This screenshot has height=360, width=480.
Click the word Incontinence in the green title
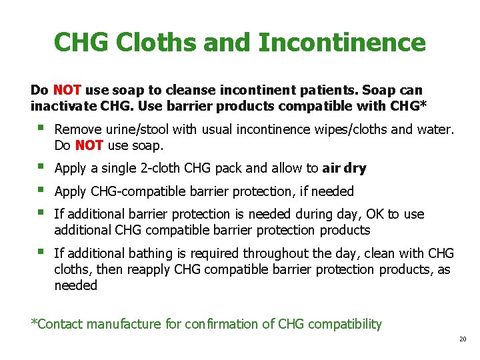click(341, 43)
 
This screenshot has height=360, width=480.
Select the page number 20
click(463, 339)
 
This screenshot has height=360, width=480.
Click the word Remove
click(77, 129)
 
